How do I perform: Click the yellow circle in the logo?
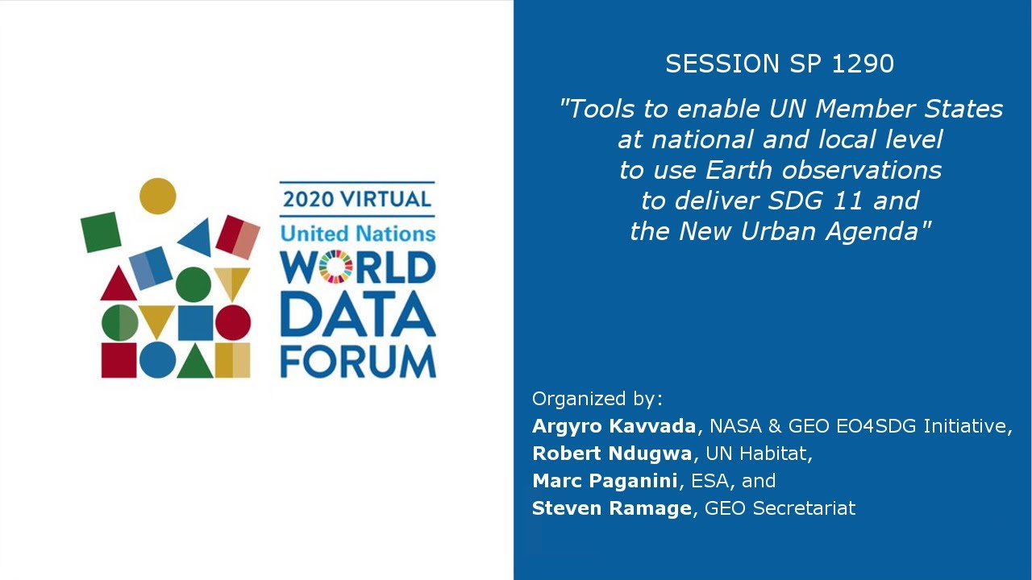coord(157,196)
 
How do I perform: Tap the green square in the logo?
coord(101,232)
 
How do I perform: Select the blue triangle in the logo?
coord(197,238)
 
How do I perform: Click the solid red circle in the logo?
coord(233,322)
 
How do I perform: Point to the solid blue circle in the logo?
coord(156,359)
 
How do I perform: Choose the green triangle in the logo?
coord(194,362)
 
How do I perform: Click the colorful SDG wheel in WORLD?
coord(336,267)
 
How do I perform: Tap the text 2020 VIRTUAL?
coord(357,198)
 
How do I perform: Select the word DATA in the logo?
coord(357,313)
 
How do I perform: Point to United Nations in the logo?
coord(357,234)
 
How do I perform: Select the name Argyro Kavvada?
coord(614,425)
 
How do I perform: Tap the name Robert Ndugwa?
coord(612,454)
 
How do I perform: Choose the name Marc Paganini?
coord(605,481)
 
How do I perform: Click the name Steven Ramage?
coord(612,508)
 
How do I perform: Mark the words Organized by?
coord(597,399)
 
